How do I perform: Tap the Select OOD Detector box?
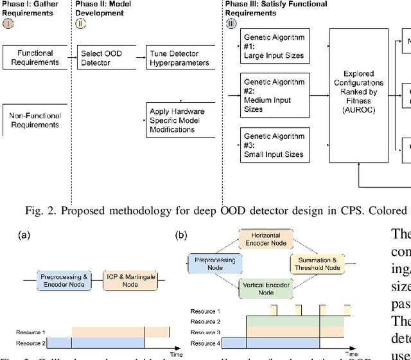tap(101, 57)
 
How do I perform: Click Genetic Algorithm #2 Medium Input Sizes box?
tap(274, 96)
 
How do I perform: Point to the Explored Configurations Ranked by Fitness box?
tap(358, 95)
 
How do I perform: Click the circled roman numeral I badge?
tap(8, 24)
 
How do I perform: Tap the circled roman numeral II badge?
tap(81, 24)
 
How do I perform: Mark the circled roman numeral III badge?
tap(231, 24)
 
